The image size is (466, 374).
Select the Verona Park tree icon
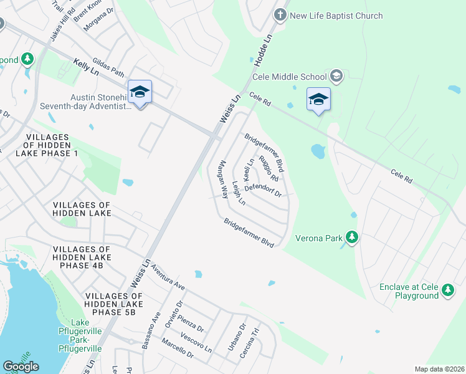coord(352,237)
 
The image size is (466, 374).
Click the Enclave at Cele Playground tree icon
coord(448,290)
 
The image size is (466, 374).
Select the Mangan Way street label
coord(221,179)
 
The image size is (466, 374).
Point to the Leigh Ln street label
coord(239,194)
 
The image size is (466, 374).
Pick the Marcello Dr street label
coord(177,350)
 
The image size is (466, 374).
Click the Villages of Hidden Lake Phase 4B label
coord(82,257)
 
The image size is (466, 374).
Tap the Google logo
coord(21,367)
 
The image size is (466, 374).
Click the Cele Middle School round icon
coord(336,76)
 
